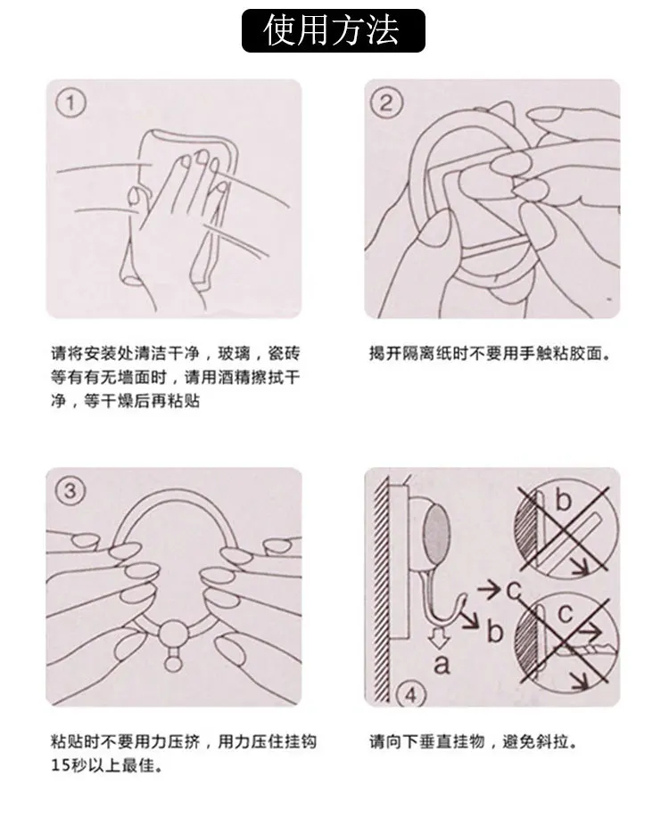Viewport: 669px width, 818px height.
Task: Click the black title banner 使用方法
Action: (334, 31)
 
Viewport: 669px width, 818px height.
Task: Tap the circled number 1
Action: (70, 102)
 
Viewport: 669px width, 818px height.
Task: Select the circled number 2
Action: (386, 102)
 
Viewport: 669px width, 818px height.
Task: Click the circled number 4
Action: (411, 694)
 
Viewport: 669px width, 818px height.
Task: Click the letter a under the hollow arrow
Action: (442, 664)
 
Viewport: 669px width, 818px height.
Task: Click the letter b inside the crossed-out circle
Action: (563, 500)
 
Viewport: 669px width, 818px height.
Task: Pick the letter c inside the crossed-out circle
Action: (565, 613)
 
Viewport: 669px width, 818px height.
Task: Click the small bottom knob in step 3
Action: (172, 663)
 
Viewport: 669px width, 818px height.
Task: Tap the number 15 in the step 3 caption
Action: (60, 765)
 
